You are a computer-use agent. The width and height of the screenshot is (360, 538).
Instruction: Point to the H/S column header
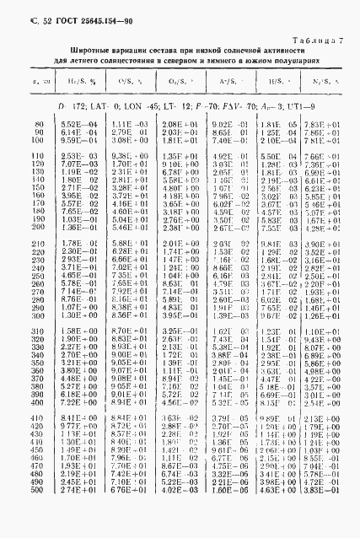(276, 83)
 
